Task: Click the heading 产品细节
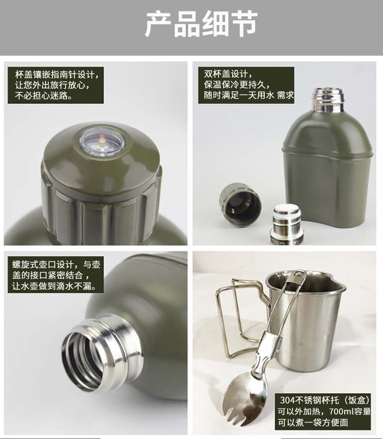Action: [x=201, y=24]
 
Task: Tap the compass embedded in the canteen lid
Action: [x=102, y=142]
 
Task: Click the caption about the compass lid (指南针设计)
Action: [x=56, y=85]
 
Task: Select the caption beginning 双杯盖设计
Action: [x=247, y=85]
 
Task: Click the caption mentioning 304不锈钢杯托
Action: [x=323, y=411]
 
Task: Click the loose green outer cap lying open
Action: [x=240, y=204]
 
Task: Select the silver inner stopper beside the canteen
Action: [x=287, y=223]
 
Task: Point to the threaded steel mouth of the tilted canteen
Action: [x=102, y=352]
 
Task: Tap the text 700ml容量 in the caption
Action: [x=350, y=411]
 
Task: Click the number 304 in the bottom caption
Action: [x=287, y=400]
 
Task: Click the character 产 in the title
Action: [x=158, y=24]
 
